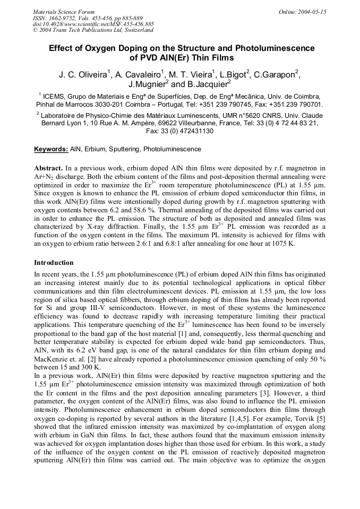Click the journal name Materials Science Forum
(x=64, y=12)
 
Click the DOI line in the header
(x=93, y=24)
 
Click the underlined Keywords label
(x=51, y=149)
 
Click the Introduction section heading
(x=54, y=263)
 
